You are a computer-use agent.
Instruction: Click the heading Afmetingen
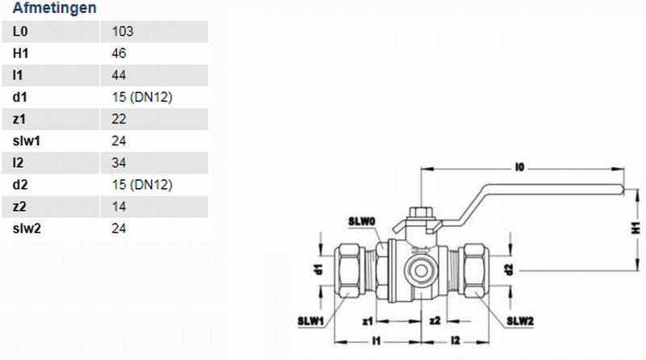coord(54,8)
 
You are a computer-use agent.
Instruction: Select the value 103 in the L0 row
coord(123,31)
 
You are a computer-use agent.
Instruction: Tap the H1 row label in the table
coord(21,53)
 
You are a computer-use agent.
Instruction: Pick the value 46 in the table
coord(119,53)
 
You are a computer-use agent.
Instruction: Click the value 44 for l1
coord(119,75)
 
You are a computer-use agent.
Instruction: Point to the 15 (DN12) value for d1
coord(142,97)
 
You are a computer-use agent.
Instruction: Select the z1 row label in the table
coord(19,119)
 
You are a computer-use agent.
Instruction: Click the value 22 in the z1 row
coord(119,119)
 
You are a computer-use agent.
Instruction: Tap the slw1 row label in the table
coord(27,141)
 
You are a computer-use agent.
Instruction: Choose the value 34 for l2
coord(119,163)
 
